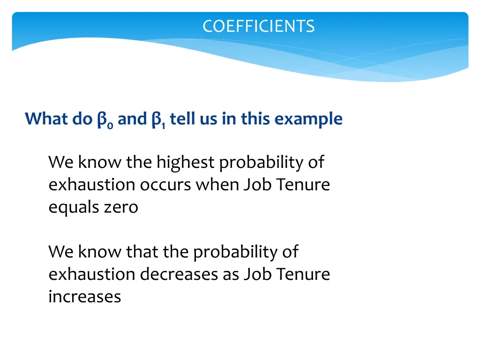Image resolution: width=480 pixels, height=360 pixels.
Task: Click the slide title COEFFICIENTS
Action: coord(258,26)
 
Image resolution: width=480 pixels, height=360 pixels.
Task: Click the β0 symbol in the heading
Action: coord(103,120)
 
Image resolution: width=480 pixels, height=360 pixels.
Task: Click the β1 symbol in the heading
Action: coord(157,120)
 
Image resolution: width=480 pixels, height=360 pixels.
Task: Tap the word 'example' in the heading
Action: coord(308,120)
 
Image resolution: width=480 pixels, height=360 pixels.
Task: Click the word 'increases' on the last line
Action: coord(85,297)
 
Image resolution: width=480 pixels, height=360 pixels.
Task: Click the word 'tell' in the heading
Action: coord(180,119)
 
